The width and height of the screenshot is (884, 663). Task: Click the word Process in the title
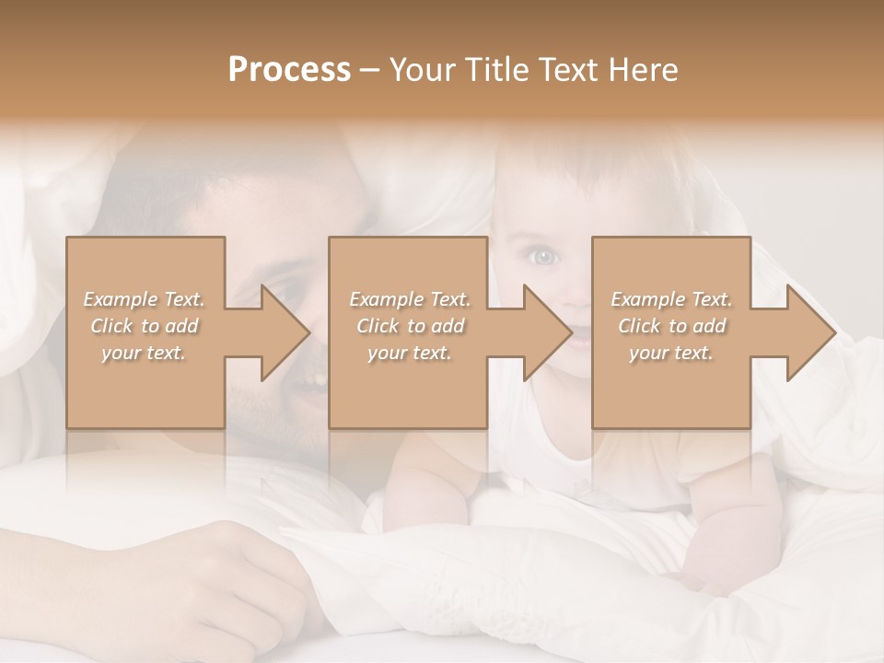[289, 70]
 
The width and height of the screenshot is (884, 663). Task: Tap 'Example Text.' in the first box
[144, 299]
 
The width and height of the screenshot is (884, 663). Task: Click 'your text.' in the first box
[144, 353]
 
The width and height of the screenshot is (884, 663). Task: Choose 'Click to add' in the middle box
[409, 326]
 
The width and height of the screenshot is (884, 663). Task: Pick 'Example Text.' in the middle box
[409, 299]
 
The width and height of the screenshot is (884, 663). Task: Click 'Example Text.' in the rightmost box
[671, 299]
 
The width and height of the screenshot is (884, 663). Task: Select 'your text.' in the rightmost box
[671, 353]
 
